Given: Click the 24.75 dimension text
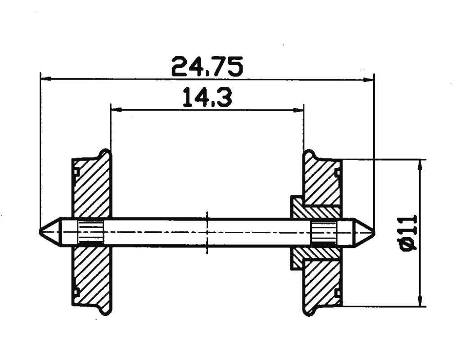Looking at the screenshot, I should click(207, 67).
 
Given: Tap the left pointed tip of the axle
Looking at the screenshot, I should click(41, 232).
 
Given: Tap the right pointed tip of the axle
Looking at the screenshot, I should click(373, 232).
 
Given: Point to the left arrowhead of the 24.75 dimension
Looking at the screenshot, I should click(45, 79).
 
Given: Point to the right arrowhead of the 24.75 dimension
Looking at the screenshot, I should click(370, 80).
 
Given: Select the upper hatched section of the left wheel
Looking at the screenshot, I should click(92, 189).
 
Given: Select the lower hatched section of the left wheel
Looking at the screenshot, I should click(92, 277).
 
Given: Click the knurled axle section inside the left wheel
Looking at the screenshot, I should click(91, 232).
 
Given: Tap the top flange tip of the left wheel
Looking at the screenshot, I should click(105, 152).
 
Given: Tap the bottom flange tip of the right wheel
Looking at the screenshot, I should click(309, 313).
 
